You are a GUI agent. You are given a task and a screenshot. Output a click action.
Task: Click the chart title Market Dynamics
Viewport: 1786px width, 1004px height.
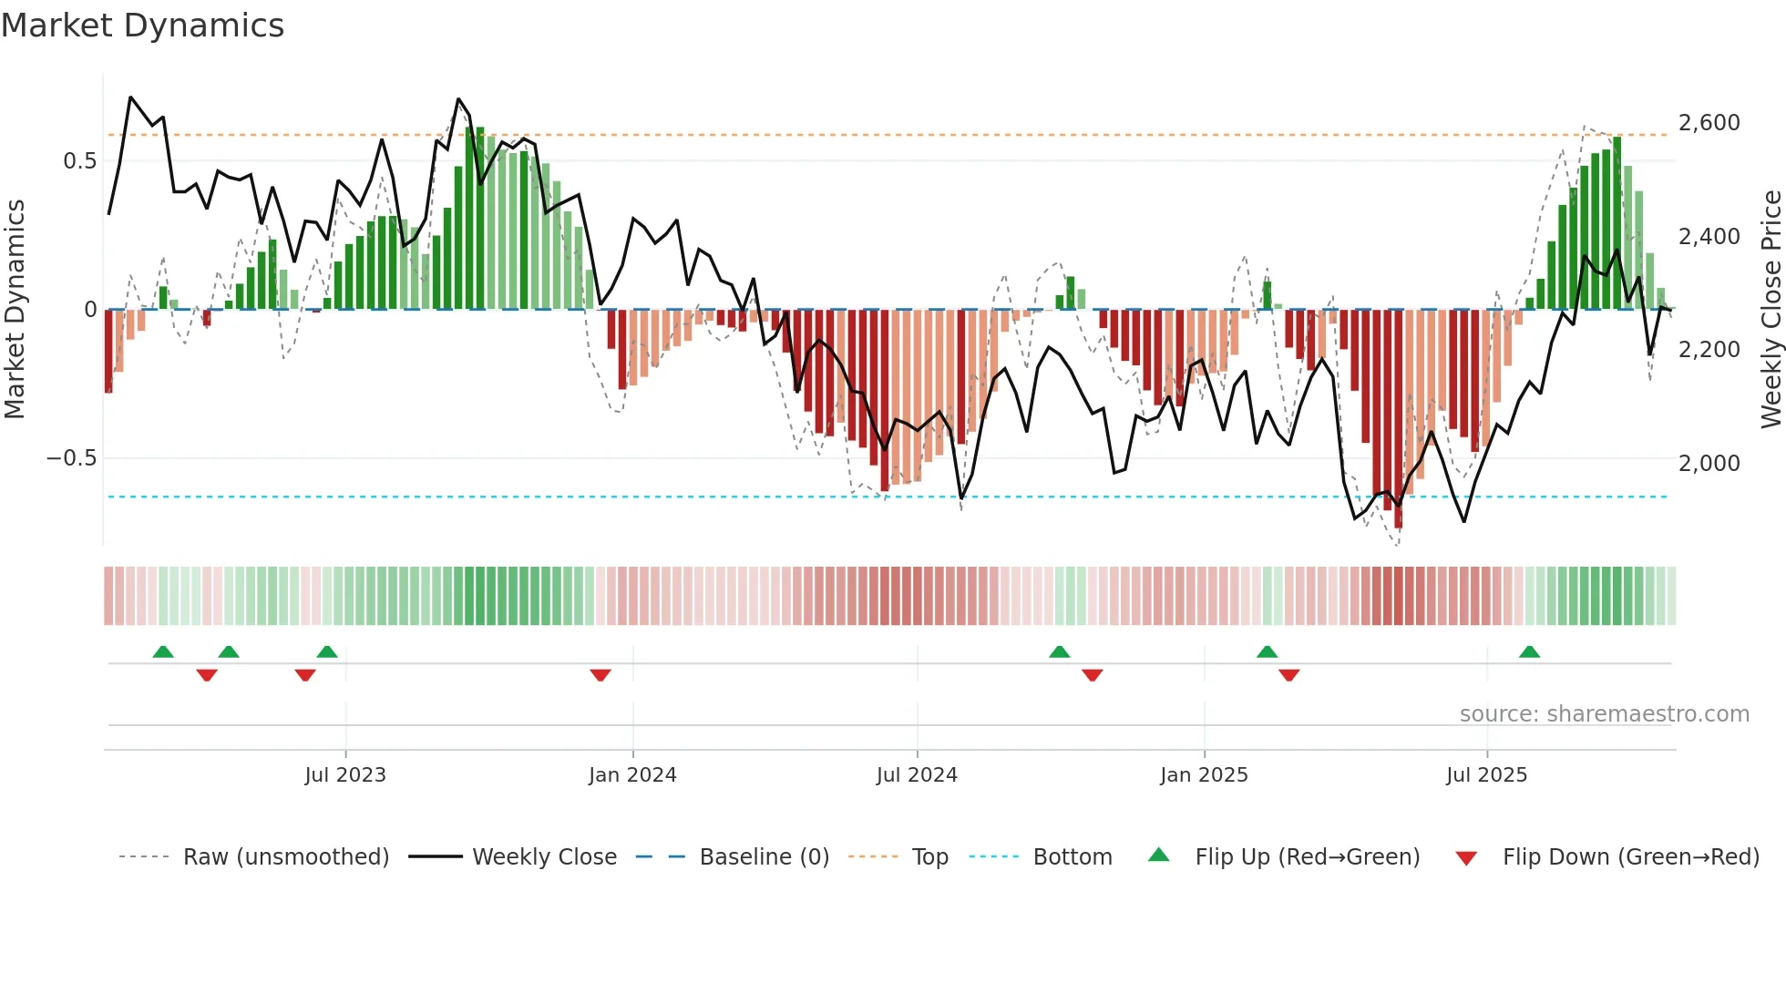tap(142, 26)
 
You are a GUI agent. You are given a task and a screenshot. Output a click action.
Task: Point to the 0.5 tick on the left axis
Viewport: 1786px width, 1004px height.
tap(79, 161)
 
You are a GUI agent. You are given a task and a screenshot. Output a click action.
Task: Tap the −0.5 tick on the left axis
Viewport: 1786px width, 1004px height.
tap(71, 457)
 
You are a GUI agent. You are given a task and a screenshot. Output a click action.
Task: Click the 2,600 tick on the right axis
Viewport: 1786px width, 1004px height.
tap(1709, 123)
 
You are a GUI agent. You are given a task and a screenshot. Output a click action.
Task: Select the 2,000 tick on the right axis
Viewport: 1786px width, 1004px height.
tap(1709, 463)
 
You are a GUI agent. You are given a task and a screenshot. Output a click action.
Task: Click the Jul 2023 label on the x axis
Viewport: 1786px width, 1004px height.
tap(345, 775)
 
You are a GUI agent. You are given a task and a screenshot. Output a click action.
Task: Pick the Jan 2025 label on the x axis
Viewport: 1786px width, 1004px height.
tap(1204, 775)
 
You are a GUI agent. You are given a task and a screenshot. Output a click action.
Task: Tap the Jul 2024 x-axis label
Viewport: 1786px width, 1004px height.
tap(917, 775)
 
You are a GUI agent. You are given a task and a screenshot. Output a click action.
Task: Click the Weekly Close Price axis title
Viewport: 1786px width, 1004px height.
tap(1771, 310)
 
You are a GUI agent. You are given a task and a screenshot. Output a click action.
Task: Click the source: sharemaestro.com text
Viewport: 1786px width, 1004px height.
tap(1604, 714)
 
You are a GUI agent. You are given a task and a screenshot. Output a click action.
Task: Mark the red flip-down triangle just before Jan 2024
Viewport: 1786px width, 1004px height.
tap(600, 675)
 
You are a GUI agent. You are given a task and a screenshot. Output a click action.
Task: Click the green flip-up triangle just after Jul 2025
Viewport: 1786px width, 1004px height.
tap(1529, 651)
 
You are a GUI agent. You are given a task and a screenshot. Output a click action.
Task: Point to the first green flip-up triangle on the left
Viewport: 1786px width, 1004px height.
tap(163, 651)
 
